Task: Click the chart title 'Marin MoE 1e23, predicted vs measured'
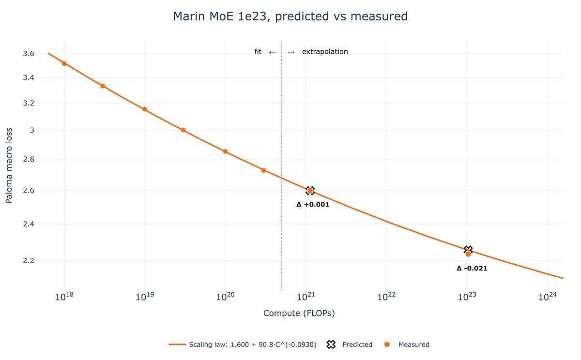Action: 290,16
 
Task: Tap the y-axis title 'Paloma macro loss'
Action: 9,165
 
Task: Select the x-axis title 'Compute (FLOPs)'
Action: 299,313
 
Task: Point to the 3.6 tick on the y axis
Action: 29,54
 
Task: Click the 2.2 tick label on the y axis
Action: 29,260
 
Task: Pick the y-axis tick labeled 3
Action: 32,130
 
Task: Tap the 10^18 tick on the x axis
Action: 64,297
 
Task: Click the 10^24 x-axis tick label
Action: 547,297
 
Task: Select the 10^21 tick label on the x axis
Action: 306,297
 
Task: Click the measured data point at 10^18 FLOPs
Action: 64,63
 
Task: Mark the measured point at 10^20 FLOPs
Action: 225,151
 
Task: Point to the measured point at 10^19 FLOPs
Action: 145,109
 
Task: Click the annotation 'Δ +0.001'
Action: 313,205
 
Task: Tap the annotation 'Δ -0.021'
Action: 472,268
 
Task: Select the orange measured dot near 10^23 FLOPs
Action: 468,254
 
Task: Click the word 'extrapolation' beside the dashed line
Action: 325,52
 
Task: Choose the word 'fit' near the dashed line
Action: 258,52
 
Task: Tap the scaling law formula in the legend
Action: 253,345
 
